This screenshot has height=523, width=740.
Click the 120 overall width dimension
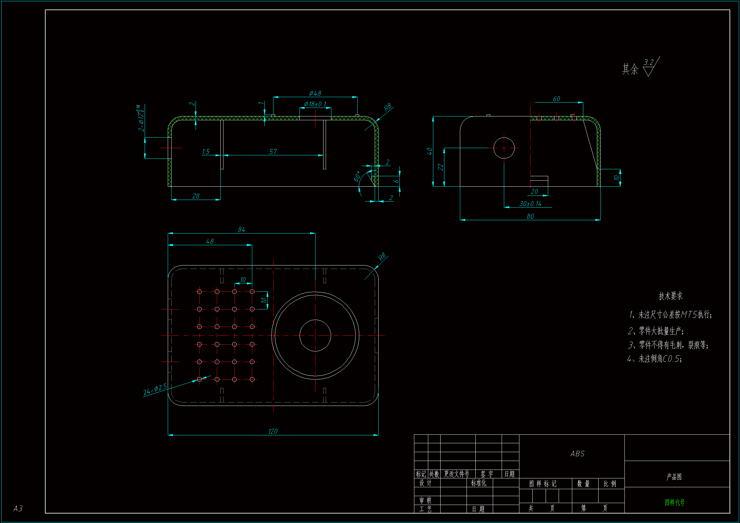coord(273,431)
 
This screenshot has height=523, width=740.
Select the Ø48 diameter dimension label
coord(315,93)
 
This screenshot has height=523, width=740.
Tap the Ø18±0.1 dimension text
coord(315,104)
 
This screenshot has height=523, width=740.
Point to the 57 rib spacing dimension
coord(273,152)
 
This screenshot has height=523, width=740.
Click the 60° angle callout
coord(357,177)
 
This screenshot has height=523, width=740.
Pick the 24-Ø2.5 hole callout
coord(155,389)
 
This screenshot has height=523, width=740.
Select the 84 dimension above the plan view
coord(241,229)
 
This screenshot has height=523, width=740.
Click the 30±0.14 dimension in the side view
coord(530,204)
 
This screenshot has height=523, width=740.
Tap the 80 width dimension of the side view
coord(530,216)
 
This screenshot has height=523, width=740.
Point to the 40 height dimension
coord(429,151)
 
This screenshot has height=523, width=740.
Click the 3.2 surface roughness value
coord(649,62)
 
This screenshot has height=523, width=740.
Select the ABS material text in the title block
coord(577,454)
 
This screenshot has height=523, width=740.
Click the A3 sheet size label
coord(18,508)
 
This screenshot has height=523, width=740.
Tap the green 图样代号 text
coord(674,502)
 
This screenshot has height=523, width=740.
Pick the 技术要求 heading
coord(670,296)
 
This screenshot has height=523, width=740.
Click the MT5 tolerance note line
coord(670,314)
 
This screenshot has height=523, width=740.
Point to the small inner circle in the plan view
coord(315,335)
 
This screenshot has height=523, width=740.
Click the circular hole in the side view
coord(504,148)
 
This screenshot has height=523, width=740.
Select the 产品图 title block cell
coord(674,477)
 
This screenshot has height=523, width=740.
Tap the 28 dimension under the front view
coord(196,196)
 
